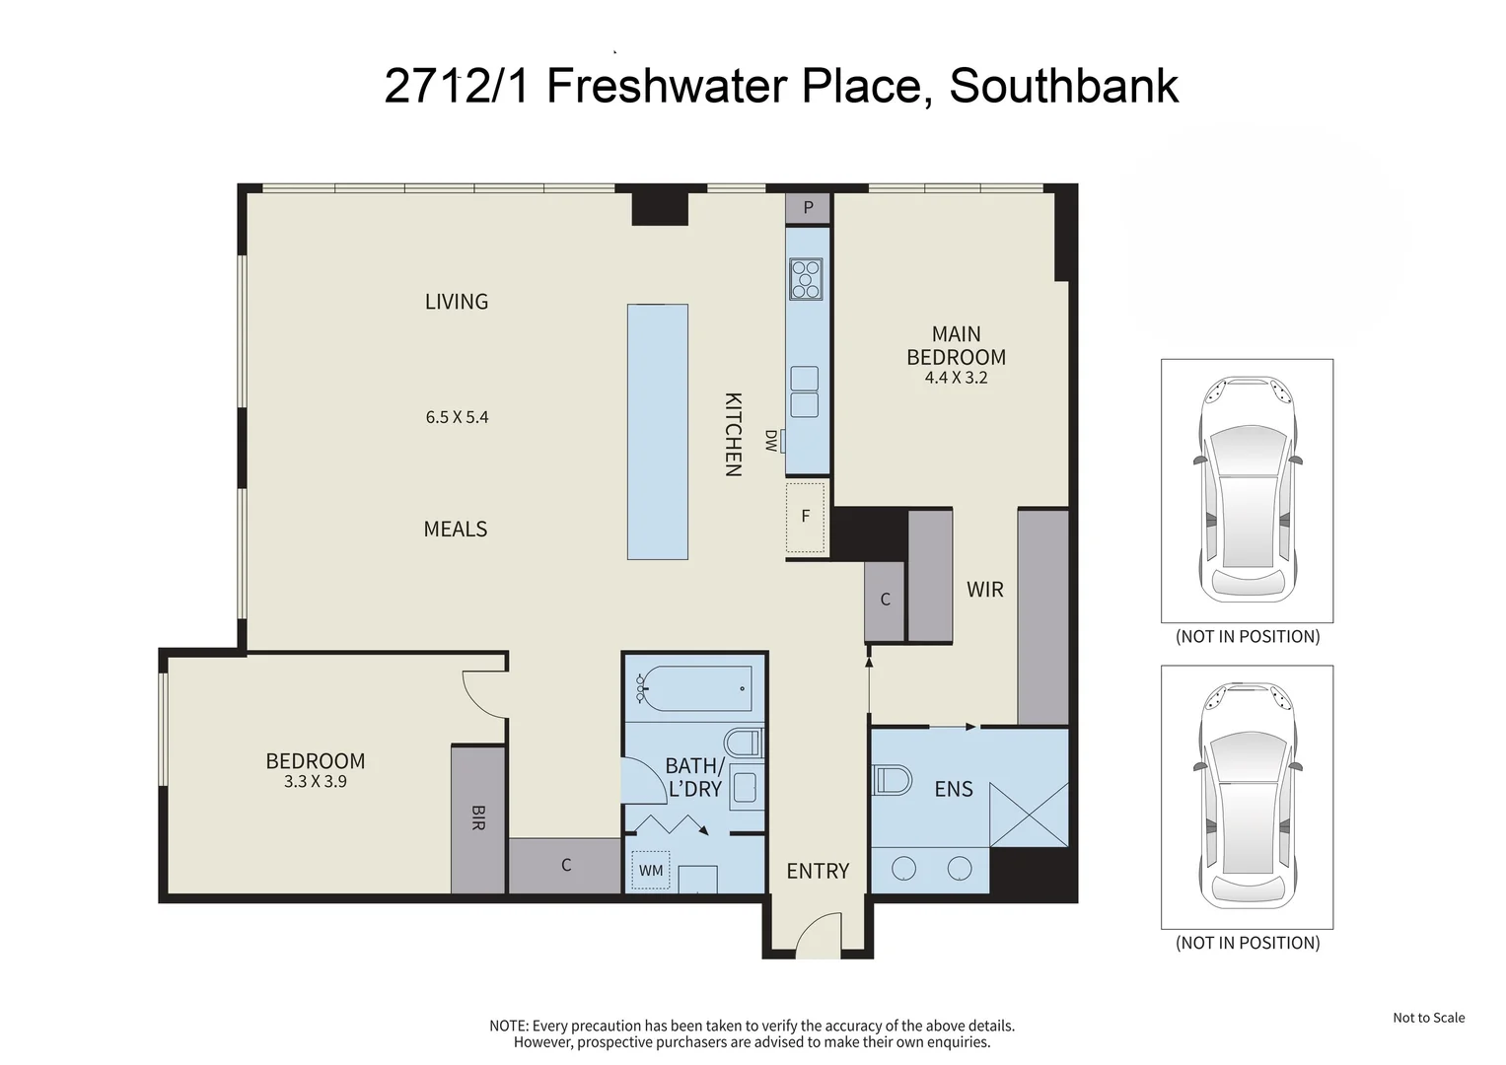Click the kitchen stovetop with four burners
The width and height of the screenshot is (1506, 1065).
806,278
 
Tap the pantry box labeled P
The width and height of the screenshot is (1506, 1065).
809,208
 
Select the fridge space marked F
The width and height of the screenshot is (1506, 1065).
806,517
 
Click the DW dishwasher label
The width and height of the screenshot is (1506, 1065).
771,441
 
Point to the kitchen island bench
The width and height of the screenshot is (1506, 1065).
657,432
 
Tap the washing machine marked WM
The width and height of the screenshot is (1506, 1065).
651,871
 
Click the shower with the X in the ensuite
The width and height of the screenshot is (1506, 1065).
1029,814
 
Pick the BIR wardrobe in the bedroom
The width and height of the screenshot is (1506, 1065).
478,818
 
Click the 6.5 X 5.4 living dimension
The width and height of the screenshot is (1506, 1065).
457,417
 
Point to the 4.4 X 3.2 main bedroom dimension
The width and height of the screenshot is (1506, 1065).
956,378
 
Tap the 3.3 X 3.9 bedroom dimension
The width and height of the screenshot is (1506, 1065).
315,782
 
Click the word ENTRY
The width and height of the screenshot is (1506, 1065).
818,871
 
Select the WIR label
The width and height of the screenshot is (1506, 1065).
984,590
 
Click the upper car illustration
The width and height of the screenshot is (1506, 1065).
1247,490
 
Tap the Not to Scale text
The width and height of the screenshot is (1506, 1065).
1428,1018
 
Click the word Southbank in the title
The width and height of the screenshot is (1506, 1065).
1063,86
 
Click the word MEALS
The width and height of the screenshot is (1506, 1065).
456,530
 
